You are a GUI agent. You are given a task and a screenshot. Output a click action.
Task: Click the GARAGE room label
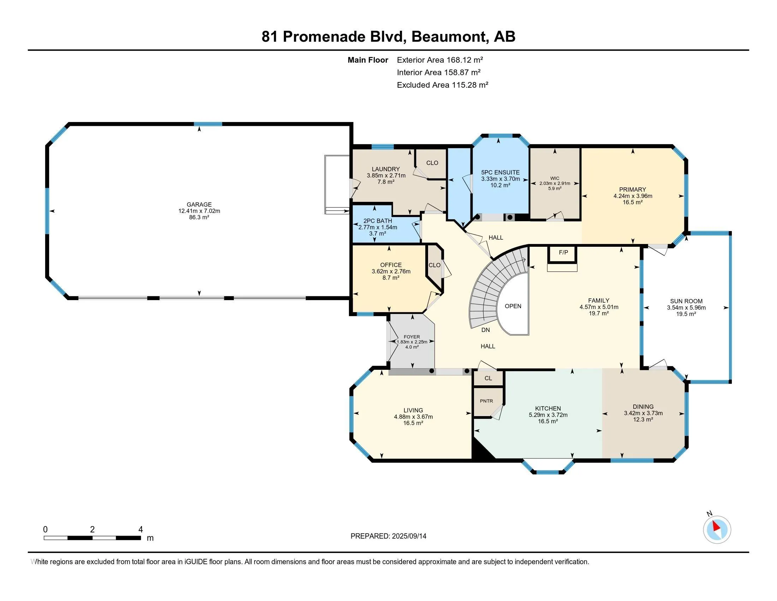coord(199,204)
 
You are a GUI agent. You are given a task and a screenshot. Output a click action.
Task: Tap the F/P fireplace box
coord(563,252)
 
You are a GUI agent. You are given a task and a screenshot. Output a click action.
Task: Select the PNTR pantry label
coord(486,401)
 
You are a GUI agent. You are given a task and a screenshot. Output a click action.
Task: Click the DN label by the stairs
coord(485,330)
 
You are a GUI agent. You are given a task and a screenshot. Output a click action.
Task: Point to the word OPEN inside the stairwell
coord(513,306)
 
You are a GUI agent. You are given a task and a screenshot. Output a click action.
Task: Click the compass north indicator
coord(717,530)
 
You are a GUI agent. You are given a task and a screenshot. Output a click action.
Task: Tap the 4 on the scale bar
coord(141,530)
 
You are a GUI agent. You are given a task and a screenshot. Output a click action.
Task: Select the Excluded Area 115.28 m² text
coord(442,85)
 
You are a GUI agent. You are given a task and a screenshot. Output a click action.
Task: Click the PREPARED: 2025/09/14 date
coord(388,536)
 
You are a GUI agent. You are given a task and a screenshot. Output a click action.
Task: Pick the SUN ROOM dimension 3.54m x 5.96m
coord(686,308)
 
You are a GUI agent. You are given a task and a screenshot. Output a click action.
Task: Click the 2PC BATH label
coord(378,221)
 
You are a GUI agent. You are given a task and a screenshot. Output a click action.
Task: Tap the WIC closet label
coord(554,179)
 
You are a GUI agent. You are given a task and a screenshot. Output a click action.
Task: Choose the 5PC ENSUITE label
coord(500,172)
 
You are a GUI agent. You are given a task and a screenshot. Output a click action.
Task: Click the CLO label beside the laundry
coord(432,163)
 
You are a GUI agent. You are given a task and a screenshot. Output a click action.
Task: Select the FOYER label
coord(411,337)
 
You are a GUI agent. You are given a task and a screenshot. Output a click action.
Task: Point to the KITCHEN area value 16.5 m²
coord(548,421)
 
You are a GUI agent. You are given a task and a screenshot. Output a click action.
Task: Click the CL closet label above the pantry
coord(488,378)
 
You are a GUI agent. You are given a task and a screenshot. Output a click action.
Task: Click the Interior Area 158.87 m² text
coord(438,72)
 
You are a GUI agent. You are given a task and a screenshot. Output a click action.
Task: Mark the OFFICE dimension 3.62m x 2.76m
coord(391,271)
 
